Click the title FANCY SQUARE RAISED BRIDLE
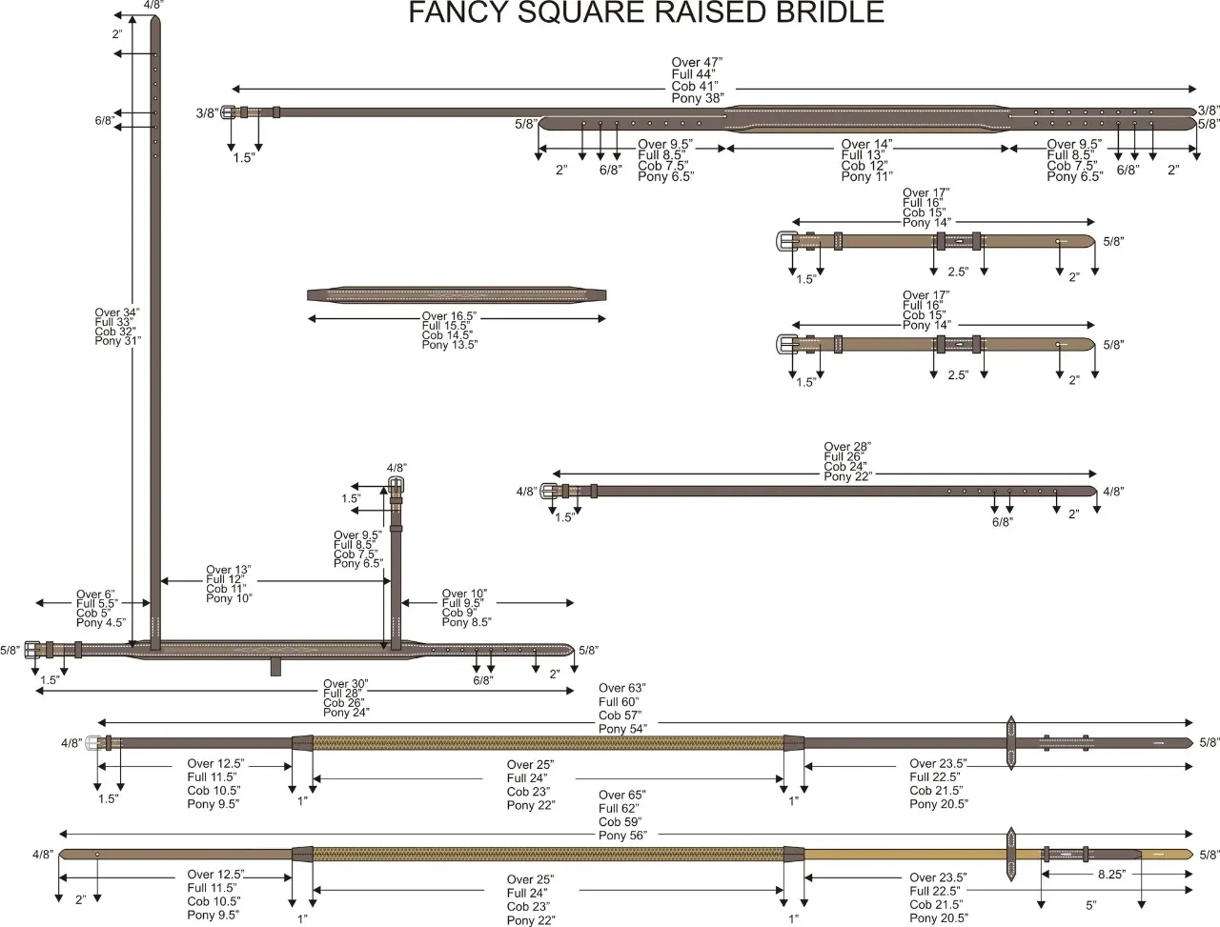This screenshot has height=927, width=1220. [x=646, y=13]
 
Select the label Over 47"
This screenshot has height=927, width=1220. [x=696, y=62]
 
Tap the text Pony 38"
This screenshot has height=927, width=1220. [x=698, y=98]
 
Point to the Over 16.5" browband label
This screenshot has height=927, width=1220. [x=449, y=316]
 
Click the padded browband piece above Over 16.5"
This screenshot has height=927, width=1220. [x=457, y=293]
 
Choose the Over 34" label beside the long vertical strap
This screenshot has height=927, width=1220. [x=117, y=312]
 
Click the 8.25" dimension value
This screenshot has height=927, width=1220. [x=1111, y=874]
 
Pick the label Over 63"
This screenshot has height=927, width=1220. [x=622, y=688]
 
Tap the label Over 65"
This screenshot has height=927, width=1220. [x=622, y=795]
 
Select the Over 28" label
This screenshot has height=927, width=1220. [x=847, y=447]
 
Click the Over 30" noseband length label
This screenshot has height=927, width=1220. [x=346, y=684]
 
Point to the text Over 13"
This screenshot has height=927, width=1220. [x=229, y=570]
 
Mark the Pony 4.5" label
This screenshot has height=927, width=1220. [x=101, y=623]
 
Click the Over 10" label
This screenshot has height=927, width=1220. [x=464, y=594]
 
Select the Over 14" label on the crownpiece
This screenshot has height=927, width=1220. [x=866, y=145]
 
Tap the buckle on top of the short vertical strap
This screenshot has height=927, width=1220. [x=396, y=486]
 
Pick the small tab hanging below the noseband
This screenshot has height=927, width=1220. [x=275, y=666]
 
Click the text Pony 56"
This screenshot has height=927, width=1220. [x=622, y=836]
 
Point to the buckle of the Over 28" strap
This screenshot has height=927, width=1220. [x=550, y=492]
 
